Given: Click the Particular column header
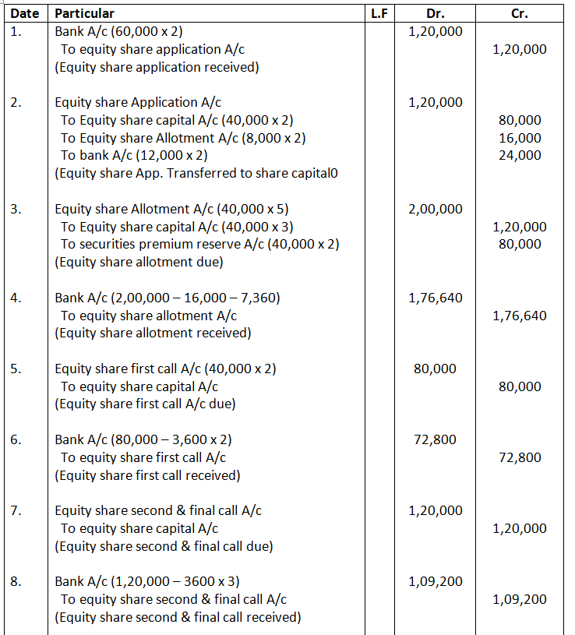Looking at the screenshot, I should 84,13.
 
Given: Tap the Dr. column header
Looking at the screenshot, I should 435,13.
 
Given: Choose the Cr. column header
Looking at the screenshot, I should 520,13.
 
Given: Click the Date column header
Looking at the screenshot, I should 25,13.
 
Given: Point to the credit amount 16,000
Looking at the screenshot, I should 520,138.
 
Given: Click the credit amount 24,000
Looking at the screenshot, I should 520,155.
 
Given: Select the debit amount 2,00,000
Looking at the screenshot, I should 435,209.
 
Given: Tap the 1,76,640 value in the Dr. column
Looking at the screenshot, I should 435,298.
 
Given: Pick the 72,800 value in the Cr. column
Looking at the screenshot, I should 520,457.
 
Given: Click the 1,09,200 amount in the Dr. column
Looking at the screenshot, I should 435,581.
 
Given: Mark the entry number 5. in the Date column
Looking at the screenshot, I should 16,369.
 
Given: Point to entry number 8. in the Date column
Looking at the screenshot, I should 16,581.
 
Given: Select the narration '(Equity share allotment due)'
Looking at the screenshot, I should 139,262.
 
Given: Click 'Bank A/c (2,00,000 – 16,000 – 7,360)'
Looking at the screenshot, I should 168,298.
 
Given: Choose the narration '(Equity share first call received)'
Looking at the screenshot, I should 147,475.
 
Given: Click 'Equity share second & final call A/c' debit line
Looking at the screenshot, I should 158,510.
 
